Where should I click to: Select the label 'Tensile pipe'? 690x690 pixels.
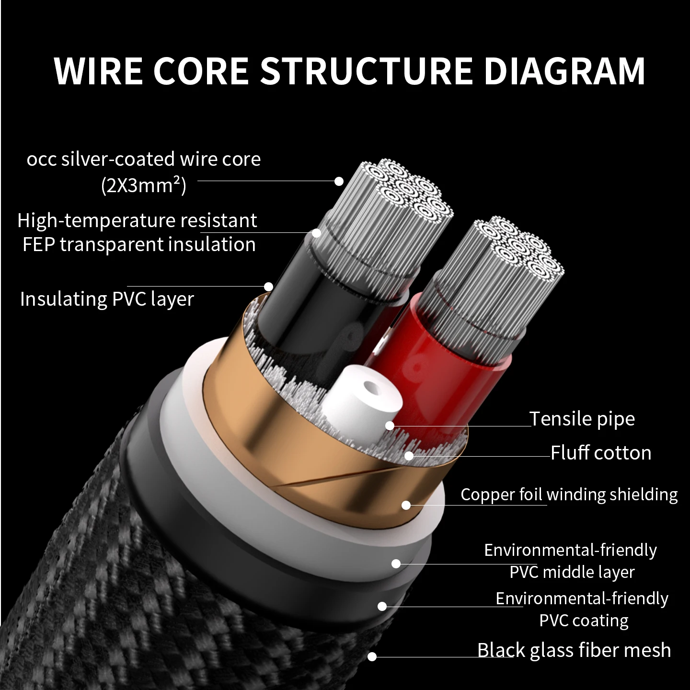tap(582, 418)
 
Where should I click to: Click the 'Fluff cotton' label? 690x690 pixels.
tap(601, 453)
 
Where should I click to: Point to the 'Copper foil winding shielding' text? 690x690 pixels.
tap(569, 494)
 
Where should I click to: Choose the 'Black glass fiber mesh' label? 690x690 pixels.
tap(574, 650)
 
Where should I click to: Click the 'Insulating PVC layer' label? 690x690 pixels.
tap(107, 299)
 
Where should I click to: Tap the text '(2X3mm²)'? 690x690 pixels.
tap(144, 185)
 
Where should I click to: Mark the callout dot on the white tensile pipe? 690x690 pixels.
tap(390, 426)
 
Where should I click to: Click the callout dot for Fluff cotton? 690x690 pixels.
tap(409, 456)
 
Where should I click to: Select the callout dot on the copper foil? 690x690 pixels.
tap(406, 505)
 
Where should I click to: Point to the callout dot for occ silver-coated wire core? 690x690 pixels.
tap(339, 181)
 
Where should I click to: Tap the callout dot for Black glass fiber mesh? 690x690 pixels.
tap(372, 656)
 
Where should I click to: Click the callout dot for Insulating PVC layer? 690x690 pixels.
tap(268, 287)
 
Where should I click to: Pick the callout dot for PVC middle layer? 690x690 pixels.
tap(396, 563)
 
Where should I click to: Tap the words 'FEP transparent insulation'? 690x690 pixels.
tap(139, 244)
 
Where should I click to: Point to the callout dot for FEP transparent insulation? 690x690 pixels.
tap(316, 233)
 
